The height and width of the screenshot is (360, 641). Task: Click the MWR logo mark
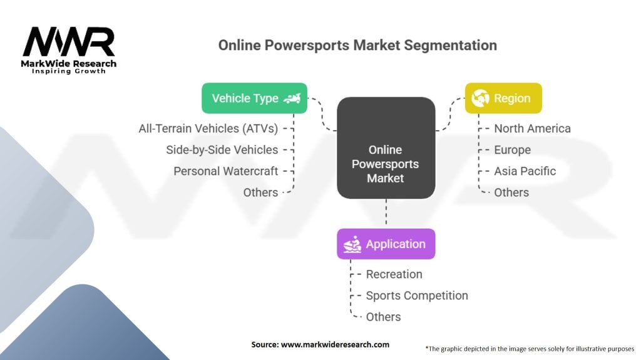tap(69, 42)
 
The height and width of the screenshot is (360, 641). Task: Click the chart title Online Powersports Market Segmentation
tap(357, 45)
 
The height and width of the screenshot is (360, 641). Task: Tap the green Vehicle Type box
tap(254, 98)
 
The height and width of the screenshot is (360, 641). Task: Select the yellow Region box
tap(503, 98)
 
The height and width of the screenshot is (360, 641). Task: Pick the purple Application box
tap(386, 244)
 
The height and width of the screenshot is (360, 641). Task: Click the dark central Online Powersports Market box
tap(386, 147)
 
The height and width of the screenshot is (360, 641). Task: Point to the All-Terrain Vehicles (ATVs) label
tap(208, 129)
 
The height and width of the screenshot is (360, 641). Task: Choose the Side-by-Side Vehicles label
tap(222, 150)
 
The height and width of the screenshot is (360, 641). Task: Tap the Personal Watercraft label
tap(225, 171)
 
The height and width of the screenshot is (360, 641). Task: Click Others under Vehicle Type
tap(260, 192)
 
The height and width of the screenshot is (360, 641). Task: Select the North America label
tap(532, 129)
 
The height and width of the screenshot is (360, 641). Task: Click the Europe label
tap(512, 150)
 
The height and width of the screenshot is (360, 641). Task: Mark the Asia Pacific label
tap(525, 171)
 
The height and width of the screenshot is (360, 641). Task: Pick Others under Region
tap(511, 192)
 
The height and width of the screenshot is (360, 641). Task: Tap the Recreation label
tap(394, 274)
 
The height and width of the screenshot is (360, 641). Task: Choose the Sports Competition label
tap(417, 296)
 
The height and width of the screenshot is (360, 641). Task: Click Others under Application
tap(384, 317)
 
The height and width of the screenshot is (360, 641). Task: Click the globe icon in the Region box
tap(480, 98)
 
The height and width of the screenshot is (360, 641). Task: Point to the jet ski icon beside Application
tap(352, 244)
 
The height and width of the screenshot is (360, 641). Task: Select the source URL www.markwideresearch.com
tap(336, 344)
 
